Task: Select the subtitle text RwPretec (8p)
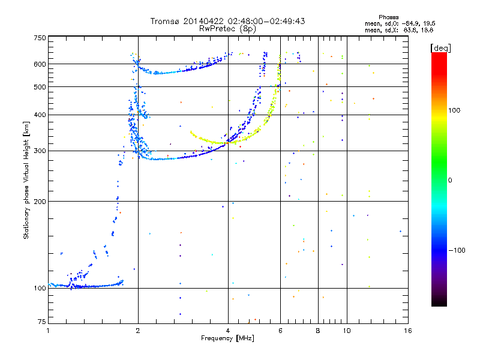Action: click(227, 29)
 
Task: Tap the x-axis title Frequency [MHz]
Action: click(227, 338)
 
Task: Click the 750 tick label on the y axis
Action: click(40, 38)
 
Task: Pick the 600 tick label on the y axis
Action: click(40, 64)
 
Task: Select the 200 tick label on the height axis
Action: click(40, 202)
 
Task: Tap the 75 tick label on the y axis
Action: click(41, 322)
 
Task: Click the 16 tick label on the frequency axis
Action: click(408, 331)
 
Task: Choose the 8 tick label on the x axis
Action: click(318, 331)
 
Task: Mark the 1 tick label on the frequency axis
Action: click(48, 331)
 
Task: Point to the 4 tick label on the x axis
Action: click(228, 331)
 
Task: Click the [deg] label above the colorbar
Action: click(440, 48)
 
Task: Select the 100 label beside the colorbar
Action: click(454, 110)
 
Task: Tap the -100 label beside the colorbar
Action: click(457, 250)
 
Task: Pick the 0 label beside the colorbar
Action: click(450, 181)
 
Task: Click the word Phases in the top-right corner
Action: click(388, 17)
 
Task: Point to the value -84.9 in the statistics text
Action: click(411, 23)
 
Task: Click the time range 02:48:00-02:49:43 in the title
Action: click(266, 21)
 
